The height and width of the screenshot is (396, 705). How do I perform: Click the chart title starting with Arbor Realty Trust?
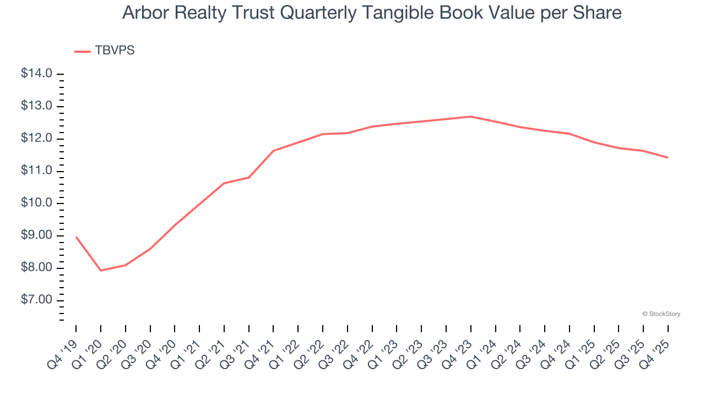click(x=372, y=13)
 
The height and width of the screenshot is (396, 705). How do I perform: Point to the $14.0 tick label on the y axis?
click(x=36, y=74)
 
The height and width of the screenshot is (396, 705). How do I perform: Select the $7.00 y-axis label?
click(x=36, y=300)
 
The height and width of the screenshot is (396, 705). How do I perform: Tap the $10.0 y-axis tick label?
click(x=36, y=204)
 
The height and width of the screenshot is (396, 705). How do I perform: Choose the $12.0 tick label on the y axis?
click(x=36, y=139)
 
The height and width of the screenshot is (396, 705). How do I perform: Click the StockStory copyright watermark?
click(x=661, y=314)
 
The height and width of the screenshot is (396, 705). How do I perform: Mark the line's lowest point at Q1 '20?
click(x=101, y=271)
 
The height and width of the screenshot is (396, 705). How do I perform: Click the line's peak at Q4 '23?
click(x=471, y=117)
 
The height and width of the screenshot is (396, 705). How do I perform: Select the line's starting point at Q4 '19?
click(x=76, y=237)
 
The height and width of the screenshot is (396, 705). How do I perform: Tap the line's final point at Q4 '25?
click(x=668, y=158)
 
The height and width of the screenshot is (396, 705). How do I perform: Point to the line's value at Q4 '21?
click(x=274, y=151)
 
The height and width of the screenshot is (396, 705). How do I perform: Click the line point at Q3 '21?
click(x=249, y=177)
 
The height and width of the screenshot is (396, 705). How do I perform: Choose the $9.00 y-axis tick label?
click(x=36, y=236)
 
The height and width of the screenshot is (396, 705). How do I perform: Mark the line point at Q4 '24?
click(x=570, y=134)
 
